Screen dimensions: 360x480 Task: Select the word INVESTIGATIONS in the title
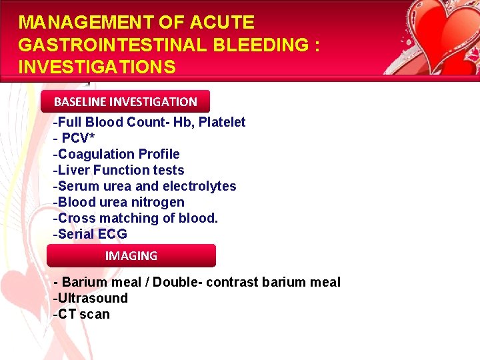97,67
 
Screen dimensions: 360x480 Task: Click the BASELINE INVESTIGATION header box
125,102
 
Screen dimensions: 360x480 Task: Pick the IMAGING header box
131,255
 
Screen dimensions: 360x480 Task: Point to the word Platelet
221,122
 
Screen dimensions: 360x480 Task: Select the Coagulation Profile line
117,154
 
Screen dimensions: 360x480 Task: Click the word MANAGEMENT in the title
86,23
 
